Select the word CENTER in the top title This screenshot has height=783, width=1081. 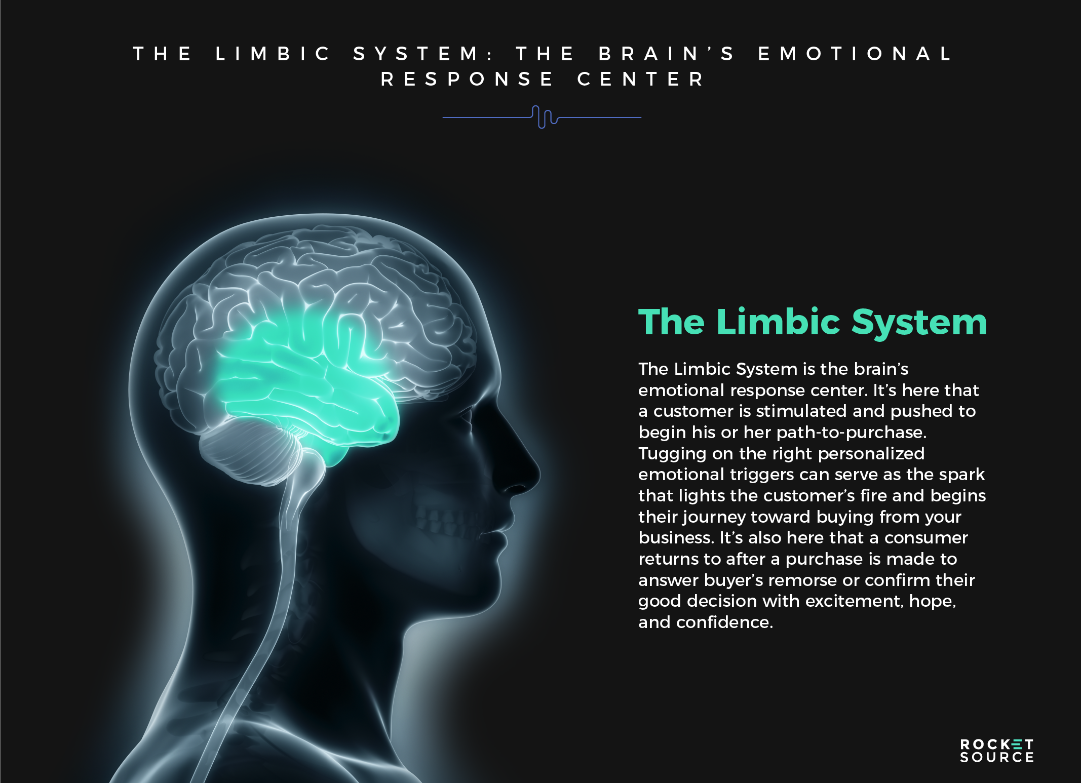point(641,80)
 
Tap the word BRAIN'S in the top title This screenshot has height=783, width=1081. point(667,54)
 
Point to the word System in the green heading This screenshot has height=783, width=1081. point(919,323)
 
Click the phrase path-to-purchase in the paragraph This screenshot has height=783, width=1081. point(851,433)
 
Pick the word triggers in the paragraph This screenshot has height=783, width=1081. point(762,475)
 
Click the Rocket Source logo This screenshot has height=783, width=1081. point(996,751)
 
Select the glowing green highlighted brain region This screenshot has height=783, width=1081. point(304,375)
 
